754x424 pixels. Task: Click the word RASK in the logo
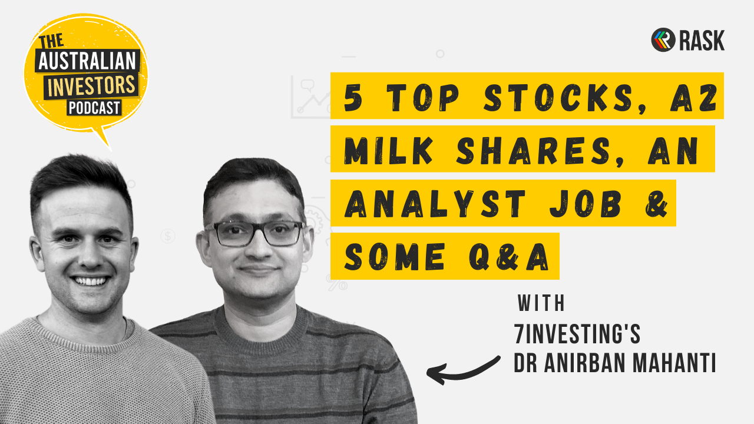click(x=701, y=41)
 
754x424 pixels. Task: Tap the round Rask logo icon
click(x=663, y=40)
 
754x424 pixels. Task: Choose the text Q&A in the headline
click(x=514, y=257)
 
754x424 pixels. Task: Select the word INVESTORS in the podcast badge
click(x=92, y=86)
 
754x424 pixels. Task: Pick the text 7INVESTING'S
click(x=577, y=334)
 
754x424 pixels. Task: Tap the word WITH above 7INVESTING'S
click(x=541, y=304)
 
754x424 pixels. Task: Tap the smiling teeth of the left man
click(x=90, y=281)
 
